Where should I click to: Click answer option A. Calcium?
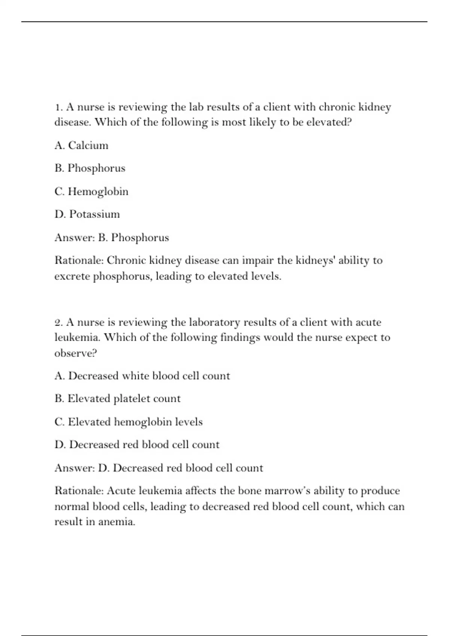tap(81, 145)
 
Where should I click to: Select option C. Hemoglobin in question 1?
tap(91, 191)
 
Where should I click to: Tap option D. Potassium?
tap(87, 214)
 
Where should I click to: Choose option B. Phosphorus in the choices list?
tap(90, 168)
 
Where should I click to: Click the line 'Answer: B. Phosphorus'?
tap(112, 238)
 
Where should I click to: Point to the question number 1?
tap(58, 107)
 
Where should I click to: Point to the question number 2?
tap(58, 322)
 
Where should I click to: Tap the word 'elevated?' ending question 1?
tap(329, 122)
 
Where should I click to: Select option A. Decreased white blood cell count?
tap(142, 376)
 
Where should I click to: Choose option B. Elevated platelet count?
tap(117, 398)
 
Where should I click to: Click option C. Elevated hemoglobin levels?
tap(128, 422)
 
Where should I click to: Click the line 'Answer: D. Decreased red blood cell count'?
tap(159, 468)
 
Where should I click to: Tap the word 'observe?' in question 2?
tap(76, 353)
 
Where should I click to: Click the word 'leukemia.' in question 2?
tap(77, 337)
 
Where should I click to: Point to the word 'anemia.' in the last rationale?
tap(116, 522)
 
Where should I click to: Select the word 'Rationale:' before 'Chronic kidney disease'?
tap(79, 260)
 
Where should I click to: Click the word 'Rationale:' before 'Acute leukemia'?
tap(79, 490)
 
